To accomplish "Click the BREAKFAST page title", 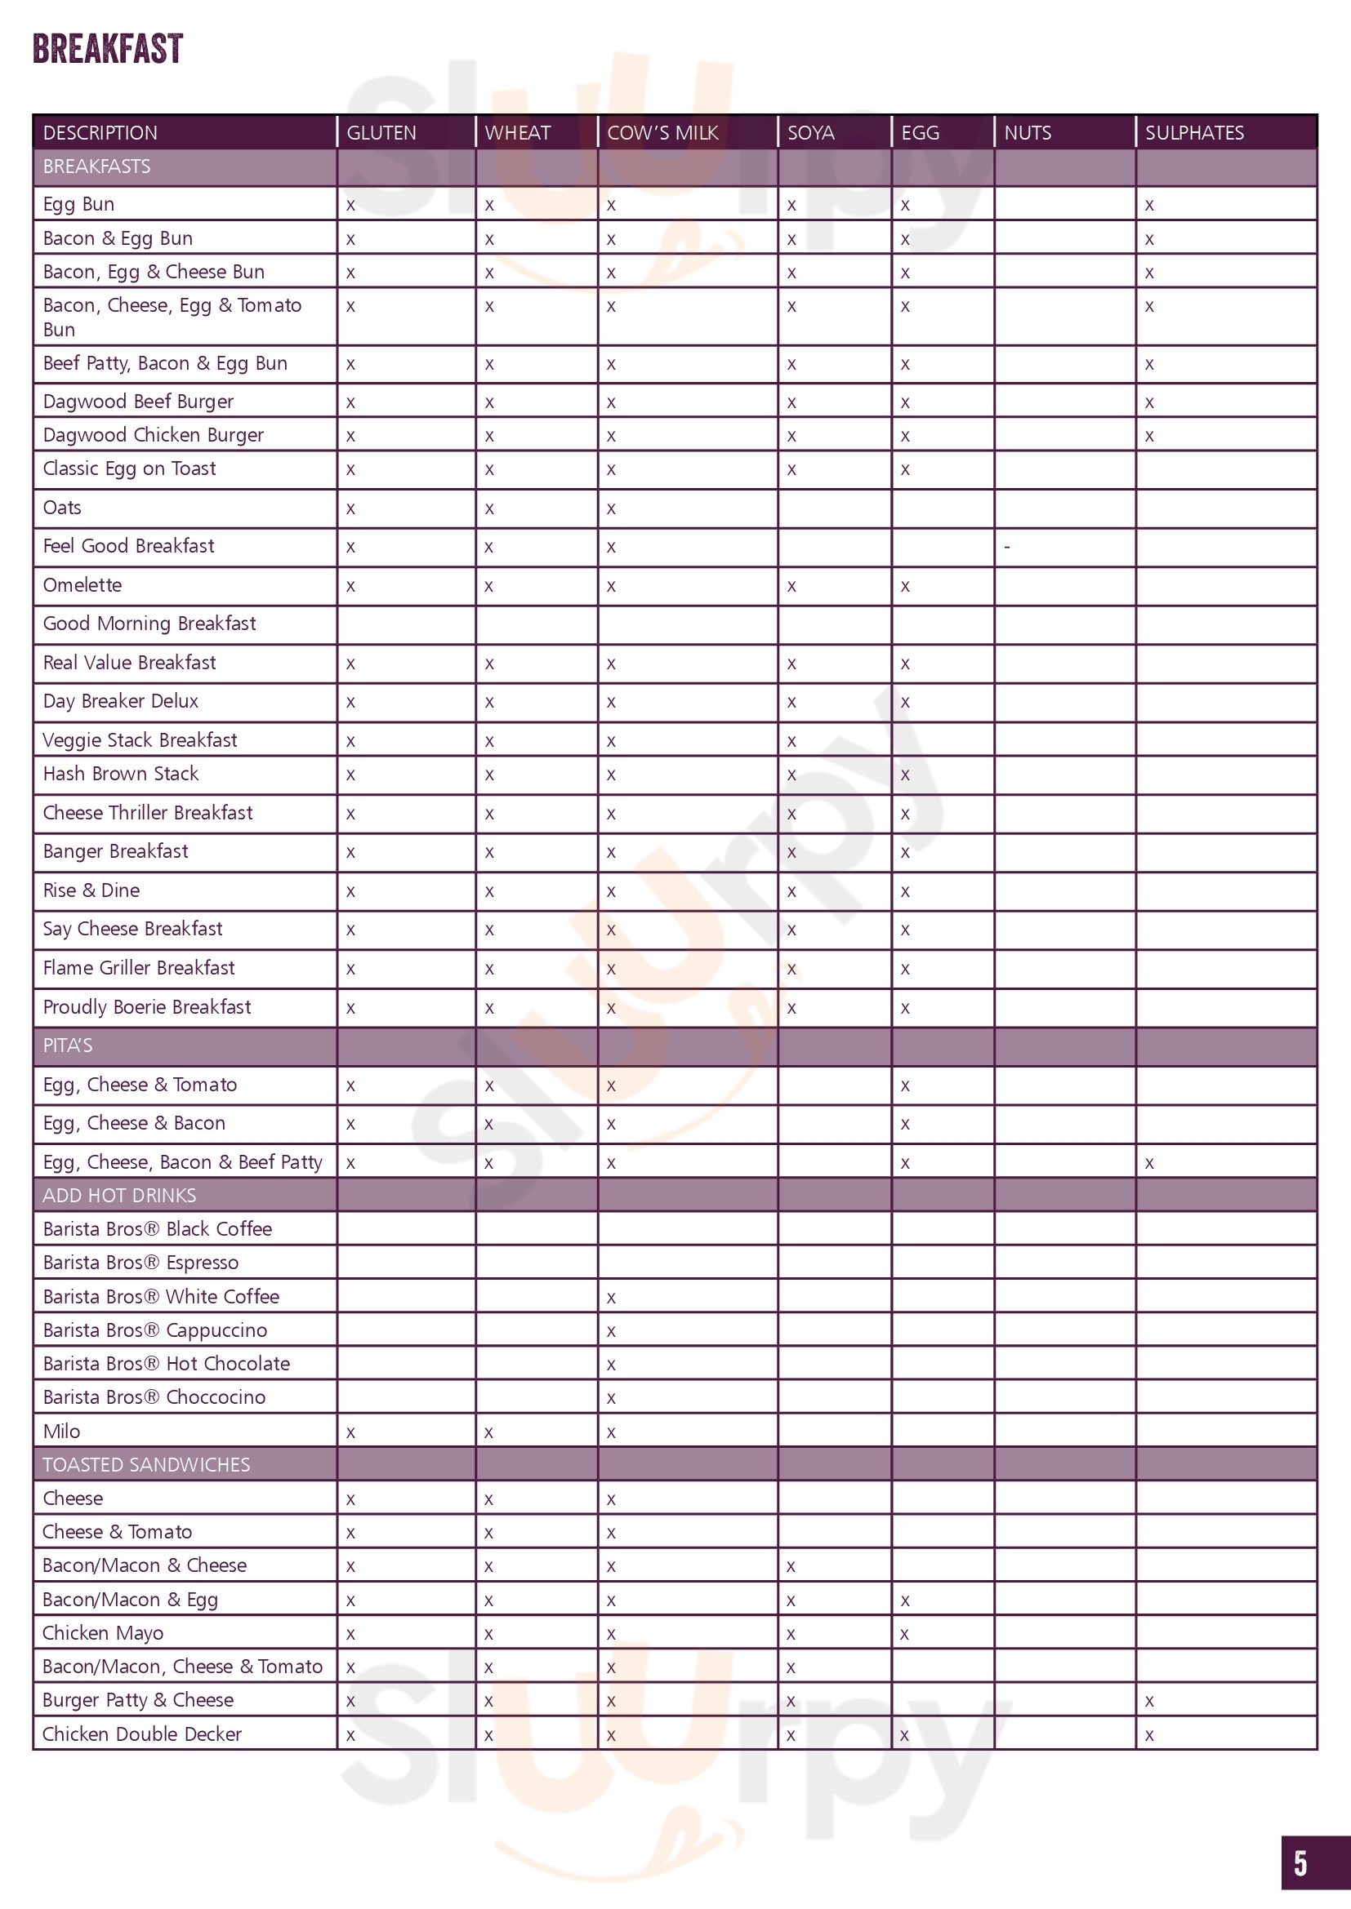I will [107, 48].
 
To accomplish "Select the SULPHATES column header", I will [1194, 133].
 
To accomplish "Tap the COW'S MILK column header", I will [662, 133].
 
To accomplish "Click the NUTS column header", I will [1028, 133].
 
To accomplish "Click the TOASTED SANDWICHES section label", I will [145, 1464].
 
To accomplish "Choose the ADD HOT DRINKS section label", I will [119, 1195].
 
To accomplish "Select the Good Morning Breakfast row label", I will [149, 624].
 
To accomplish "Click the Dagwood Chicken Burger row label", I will [153, 435].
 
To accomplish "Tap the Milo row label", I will [61, 1431].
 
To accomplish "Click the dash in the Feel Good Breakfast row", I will [1007, 547].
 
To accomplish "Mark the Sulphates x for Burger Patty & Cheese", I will [1149, 1701].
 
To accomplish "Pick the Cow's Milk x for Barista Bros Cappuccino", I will [612, 1331].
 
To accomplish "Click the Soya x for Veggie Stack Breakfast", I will [791, 741].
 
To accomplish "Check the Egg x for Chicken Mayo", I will [905, 1634].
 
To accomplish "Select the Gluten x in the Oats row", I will [350, 508].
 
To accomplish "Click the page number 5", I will [1300, 1863].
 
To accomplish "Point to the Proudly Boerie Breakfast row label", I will [146, 1007].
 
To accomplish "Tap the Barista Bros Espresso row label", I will [140, 1262].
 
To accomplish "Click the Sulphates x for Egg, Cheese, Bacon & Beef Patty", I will [1149, 1163].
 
